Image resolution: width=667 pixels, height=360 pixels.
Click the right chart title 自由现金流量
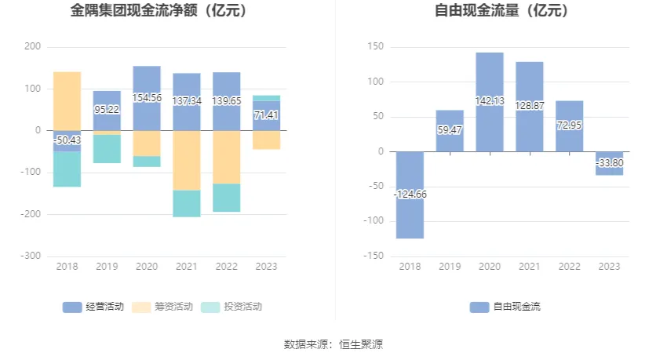pos(501,11)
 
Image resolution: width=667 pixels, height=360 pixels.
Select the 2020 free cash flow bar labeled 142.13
pos(490,102)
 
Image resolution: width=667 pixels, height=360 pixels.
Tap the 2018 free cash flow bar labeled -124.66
pos(410,195)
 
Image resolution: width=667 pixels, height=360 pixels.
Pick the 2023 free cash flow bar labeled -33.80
pos(610,163)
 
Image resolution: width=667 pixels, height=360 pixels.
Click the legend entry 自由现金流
pos(506,307)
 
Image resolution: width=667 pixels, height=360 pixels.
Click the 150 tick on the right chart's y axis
pos(375,47)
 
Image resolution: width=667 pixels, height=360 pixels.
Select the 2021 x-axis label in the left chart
pos(187,267)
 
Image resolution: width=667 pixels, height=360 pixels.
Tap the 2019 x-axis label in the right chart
pos(450,267)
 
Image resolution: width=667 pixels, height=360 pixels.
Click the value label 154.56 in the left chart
pos(147,98)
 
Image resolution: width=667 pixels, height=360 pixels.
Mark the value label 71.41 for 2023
pos(267,115)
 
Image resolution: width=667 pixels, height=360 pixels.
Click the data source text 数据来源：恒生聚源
pos(333,344)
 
